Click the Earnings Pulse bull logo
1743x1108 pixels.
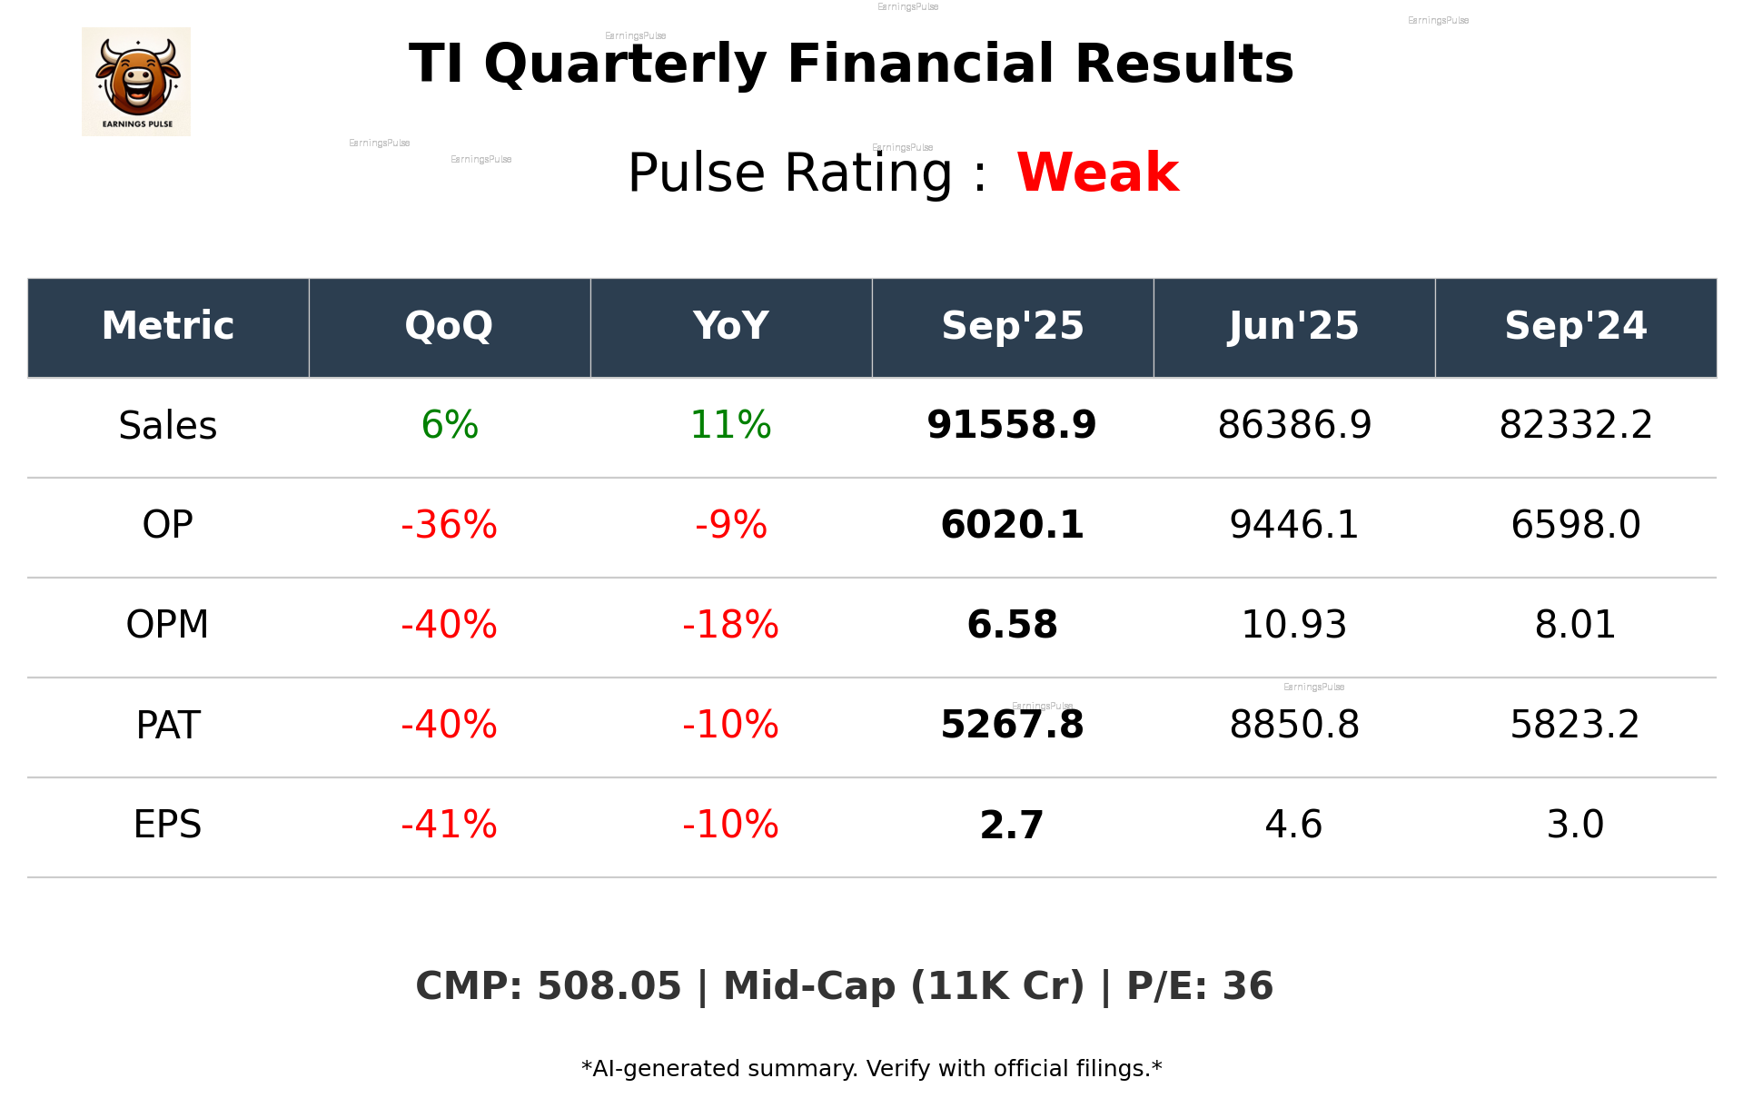click(x=136, y=81)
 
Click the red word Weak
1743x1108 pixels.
click(x=1097, y=173)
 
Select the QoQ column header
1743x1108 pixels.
click(x=449, y=326)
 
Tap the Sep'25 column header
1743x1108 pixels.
click(x=1012, y=326)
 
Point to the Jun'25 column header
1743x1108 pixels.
click(x=1293, y=326)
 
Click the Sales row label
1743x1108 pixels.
click(x=168, y=426)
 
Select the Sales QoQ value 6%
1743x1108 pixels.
click(x=450, y=426)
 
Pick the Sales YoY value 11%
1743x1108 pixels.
click(x=730, y=426)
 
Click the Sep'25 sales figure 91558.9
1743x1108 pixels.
click(x=1012, y=426)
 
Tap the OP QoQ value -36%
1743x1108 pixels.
click(x=449, y=526)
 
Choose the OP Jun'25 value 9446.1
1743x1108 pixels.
click(x=1293, y=526)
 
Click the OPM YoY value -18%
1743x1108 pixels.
click(x=730, y=626)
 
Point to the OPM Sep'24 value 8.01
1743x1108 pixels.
click(x=1575, y=626)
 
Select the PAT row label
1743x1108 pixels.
click(x=168, y=726)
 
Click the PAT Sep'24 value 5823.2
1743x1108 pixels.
click(x=1575, y=726)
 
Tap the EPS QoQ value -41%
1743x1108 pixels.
click(x=449, y=826)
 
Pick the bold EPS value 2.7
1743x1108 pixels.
click(x=1012, y=826)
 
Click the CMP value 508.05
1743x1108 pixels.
click(x=609, y=987)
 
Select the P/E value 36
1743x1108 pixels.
click(x=1248, y=987)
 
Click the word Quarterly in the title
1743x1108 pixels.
click(x=627, y=65)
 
